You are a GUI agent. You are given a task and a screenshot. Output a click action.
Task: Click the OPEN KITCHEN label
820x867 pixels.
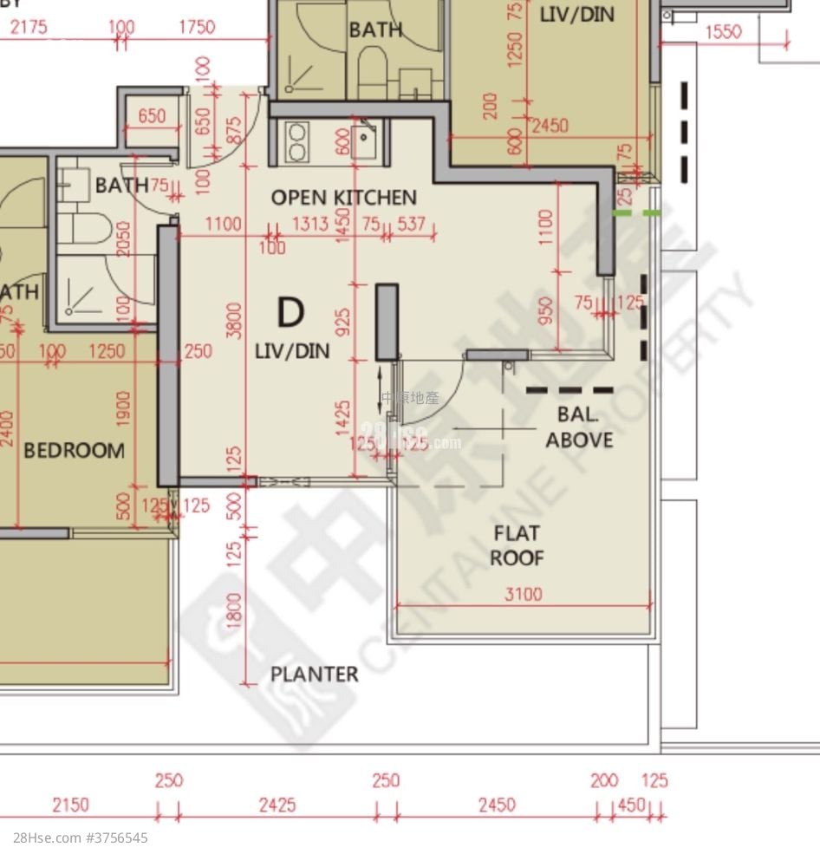point(343,198)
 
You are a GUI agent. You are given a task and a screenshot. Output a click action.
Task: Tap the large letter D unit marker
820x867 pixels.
point(290,312)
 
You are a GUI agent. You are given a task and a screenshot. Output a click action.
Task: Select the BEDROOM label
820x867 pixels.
point(74,451)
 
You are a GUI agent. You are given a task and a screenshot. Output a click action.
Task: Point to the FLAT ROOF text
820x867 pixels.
point(517,545)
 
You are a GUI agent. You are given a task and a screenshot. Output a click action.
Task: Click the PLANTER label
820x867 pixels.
point(314,674)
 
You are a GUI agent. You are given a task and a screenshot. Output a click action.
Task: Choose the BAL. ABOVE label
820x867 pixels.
point(579,427)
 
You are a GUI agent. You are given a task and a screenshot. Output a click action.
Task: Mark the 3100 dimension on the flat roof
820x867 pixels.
point(523,594)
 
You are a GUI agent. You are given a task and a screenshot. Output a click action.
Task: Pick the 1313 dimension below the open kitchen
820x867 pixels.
point(309,225)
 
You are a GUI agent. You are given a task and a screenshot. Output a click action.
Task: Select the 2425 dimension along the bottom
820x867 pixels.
point(277,805)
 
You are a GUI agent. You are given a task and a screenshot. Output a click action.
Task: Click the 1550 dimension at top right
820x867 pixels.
point(723,32)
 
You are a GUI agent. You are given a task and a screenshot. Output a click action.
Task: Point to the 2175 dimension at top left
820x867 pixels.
point(29,27)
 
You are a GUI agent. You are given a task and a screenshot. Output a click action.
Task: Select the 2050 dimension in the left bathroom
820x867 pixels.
point(123,244)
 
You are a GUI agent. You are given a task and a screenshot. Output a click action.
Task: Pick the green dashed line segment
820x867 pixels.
point(636,212)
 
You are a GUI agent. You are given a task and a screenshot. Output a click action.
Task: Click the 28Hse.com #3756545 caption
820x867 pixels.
point(81,838)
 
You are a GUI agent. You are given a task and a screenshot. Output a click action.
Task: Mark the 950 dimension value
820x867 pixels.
point(546,310)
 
